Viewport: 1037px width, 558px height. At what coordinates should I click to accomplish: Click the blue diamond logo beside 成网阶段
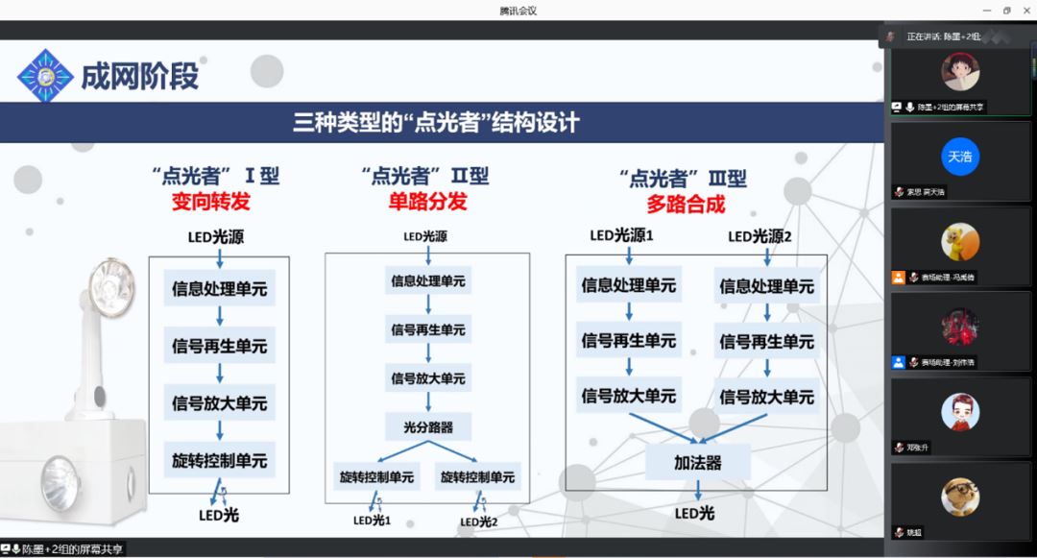pos(45,75)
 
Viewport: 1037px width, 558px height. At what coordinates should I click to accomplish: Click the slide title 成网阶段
pos(139,76)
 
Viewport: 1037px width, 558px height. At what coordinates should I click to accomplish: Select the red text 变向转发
pos(211,203)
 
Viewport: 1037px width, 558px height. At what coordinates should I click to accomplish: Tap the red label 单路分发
pos(427,202)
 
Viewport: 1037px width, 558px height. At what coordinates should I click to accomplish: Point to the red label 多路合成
pos(686,204)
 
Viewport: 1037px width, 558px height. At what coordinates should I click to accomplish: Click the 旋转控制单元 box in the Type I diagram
pos(219,460)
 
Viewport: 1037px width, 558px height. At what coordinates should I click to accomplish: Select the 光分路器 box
pos(427,426)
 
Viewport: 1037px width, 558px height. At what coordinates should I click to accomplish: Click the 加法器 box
pos(697,463)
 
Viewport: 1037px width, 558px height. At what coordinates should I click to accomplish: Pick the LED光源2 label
pos(760,236)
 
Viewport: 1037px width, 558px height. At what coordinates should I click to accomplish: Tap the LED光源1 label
pos(621,235)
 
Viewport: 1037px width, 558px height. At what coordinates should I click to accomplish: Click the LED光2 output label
pos(479,522)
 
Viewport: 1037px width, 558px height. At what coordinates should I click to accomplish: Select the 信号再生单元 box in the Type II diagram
pos(427,329)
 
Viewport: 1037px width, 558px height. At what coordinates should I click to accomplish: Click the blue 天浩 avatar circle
pos(959,156)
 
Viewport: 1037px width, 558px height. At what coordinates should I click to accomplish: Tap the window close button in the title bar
pos(1025,11)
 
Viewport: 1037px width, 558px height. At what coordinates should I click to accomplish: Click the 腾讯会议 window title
pos(518,11)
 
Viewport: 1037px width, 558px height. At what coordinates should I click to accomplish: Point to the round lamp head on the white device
pos(108,279)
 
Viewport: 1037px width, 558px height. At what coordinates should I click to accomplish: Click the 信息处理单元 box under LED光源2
pos(766,286)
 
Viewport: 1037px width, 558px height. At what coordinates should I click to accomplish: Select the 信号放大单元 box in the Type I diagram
pos(219,402)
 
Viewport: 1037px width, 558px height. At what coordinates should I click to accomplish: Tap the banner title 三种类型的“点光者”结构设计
pos(436,123)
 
